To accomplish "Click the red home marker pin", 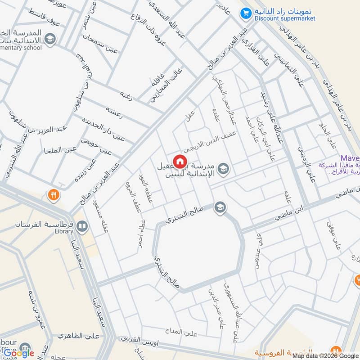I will point(180,161).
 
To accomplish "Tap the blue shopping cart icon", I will point(245,14).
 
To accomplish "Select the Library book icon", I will point(82,226).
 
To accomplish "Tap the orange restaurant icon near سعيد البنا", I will point(53,195).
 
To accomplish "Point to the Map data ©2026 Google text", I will point(321,355).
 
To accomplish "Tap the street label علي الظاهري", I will point(79,335).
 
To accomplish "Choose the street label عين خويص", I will point(96,146).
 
